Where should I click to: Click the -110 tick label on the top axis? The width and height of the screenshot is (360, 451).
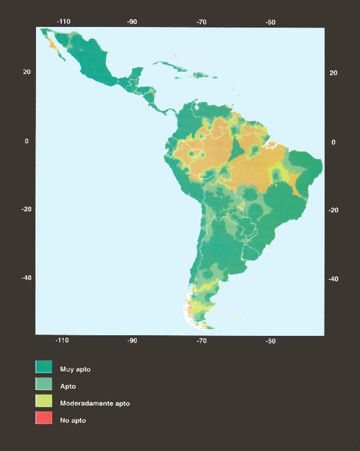point(64,22)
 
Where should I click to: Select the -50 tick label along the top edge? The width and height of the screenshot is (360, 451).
point(271,22)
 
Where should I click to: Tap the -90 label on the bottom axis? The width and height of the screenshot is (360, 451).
point(132,341)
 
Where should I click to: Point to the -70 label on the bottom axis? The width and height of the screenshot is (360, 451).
point(202,341)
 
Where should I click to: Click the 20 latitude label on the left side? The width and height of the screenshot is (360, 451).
point(26,72)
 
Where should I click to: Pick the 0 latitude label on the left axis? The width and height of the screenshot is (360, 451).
point(26,141)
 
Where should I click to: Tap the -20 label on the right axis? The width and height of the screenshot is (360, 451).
point(333,211)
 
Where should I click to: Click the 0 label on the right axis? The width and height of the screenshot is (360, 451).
point(333,142)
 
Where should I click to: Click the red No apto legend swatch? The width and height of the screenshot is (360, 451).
point(44,419)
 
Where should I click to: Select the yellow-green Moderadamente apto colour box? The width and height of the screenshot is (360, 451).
point(44,402)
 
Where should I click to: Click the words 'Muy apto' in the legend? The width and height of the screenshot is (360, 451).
point(74,369)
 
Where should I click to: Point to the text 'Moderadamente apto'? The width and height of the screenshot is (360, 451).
point(94,404)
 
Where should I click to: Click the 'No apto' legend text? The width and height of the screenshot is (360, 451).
point(73,420)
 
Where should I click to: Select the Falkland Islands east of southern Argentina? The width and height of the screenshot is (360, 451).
point(238,318)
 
